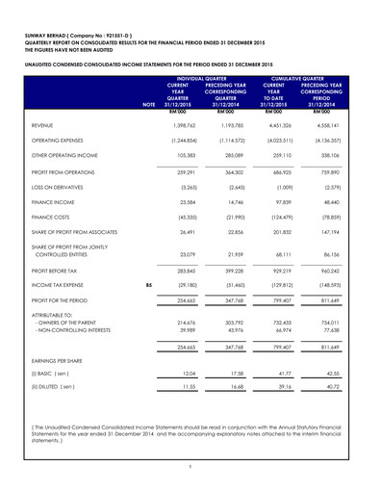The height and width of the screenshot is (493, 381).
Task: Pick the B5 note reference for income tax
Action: click(147, 339)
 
